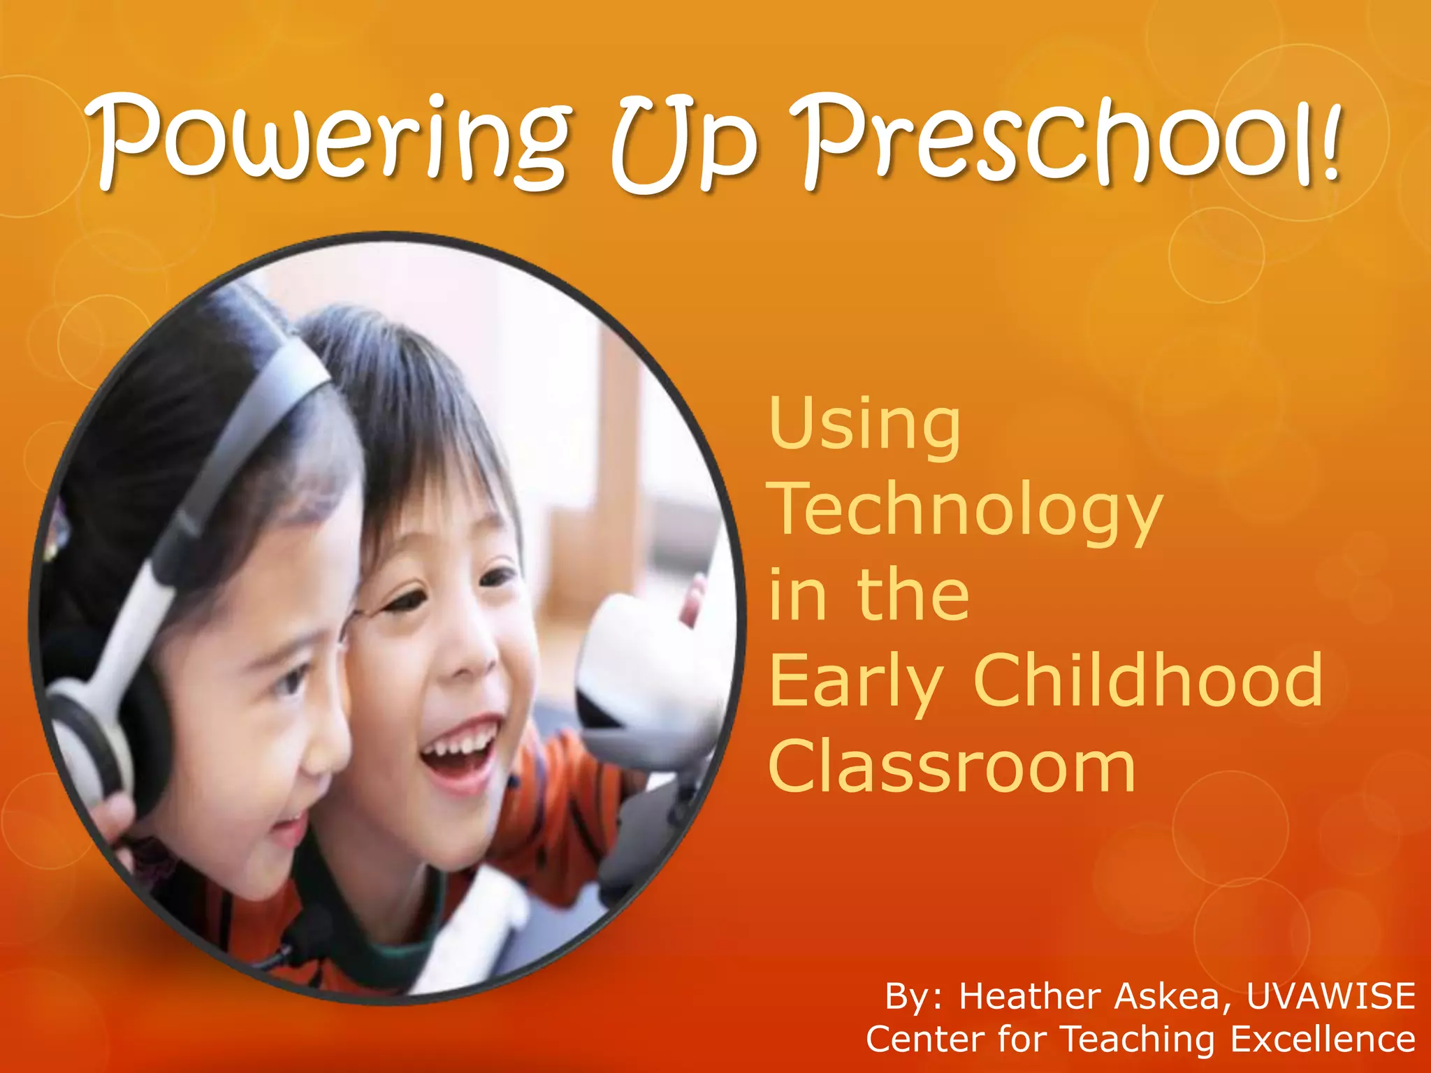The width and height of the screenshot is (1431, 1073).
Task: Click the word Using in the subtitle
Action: coord(865,426)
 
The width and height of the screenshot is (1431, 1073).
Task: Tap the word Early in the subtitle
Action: coord(857,681)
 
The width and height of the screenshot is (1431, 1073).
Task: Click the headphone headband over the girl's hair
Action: coord(231,447)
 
